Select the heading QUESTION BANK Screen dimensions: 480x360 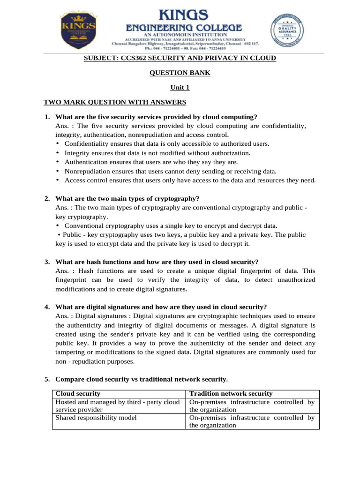[180, 73]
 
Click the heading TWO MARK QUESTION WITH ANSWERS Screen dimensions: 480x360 [115, 102]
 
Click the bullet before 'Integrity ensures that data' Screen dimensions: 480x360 [57, 153]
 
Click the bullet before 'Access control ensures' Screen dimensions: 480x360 [57, 180]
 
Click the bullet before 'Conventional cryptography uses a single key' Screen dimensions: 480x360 [57, 226]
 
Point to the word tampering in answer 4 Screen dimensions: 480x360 [70, 352]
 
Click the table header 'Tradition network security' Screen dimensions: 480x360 [231, 394]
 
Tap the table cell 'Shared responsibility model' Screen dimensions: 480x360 [96, 418]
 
